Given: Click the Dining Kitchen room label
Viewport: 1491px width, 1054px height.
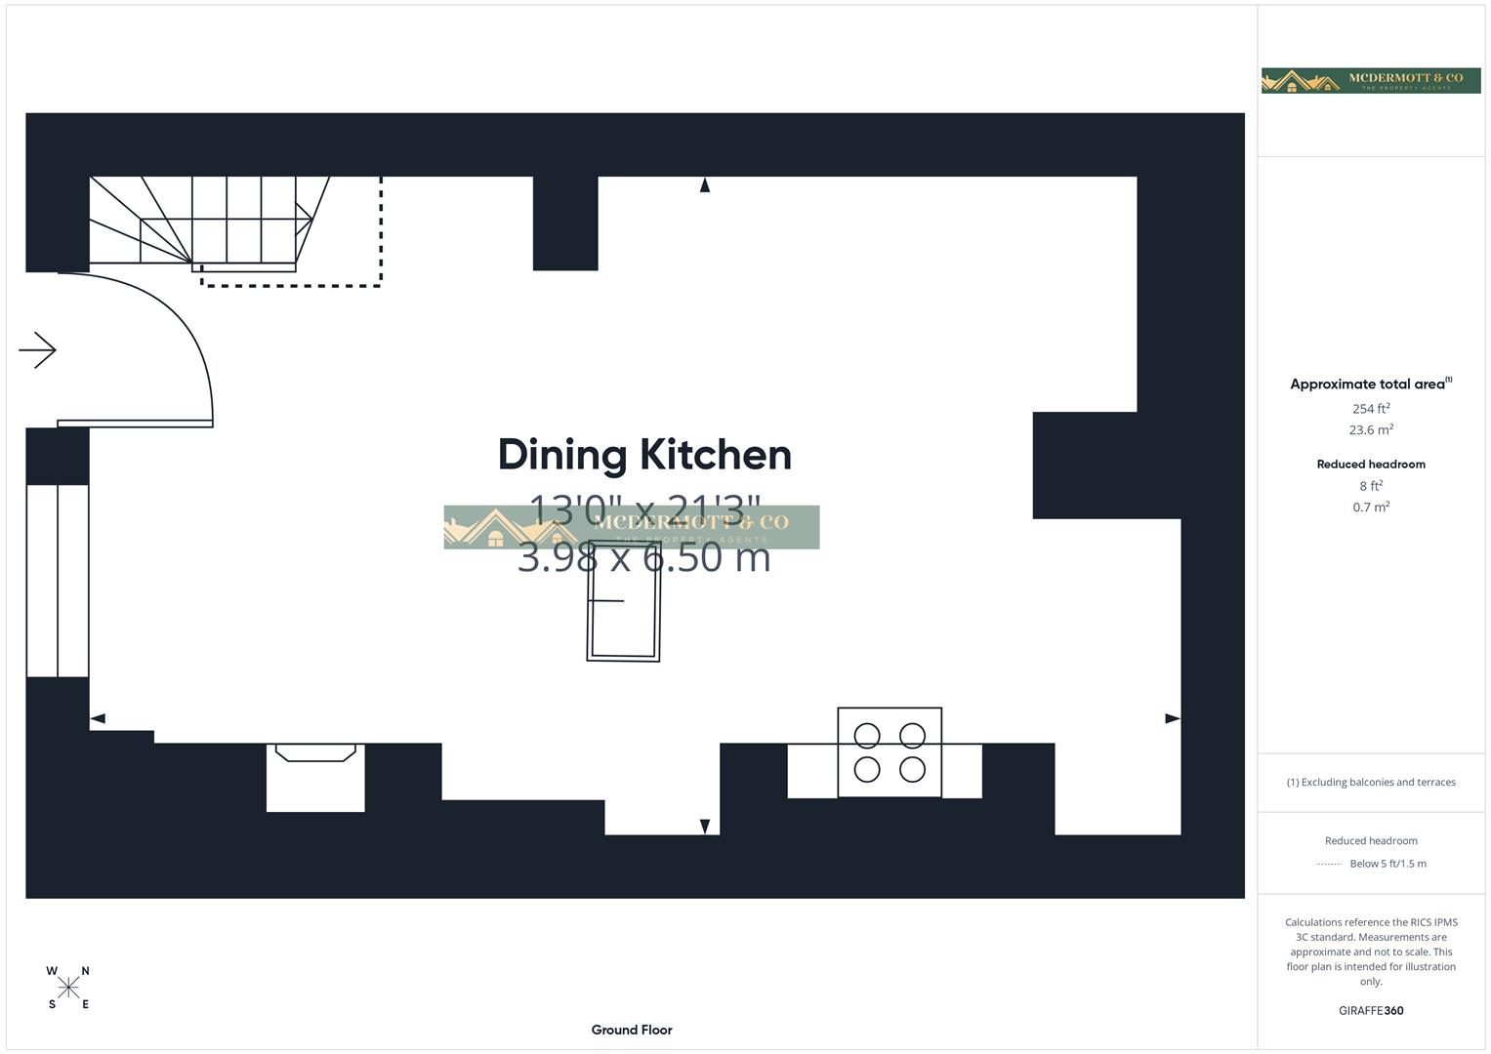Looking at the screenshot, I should pyautogui.click(x=644, y=455).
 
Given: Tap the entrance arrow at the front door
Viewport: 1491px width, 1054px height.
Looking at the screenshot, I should pyautogui.click(x=38, y=350).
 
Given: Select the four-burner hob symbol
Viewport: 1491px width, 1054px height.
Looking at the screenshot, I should pyautogui.click(x=890, y=752).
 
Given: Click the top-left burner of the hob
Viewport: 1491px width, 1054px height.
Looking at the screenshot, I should pyautogui.click(x=867, y=736).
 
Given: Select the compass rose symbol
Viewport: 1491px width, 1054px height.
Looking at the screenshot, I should pyautogui.click(x=68, y=988).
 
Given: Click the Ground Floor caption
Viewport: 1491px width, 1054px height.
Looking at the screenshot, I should pyautogui.click(x=632, y=1030).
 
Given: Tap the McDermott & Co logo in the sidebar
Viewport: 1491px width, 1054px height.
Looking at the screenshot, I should pyautogui.click(x=1371, y=81).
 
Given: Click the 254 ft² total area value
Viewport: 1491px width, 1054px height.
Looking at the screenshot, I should pyautogui.click(x=1371, y=409).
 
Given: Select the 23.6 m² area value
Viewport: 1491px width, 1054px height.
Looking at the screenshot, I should pyautogui.click(x=1371, y=430).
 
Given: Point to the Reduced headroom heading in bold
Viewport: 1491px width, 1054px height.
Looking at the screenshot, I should pyautogui.click(x=1371, y=465).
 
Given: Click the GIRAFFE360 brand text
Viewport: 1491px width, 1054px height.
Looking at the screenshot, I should pyautogui.click(x=1371, y=1011).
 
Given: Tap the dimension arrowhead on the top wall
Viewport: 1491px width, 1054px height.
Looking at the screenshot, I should pyautogui.click(x=705, y=184).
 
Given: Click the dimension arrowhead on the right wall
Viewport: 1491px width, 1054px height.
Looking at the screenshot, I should pyautogui.click(x=1173, y=719).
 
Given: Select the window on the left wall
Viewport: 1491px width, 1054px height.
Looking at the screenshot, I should pyautogui.click(x=58, y=581).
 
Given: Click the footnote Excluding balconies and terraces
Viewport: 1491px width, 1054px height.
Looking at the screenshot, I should pyautogui.click(x=1371, y=783).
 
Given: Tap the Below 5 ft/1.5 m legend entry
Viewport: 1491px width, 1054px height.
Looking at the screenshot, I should pyautogui.click(x=1387, y=864).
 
